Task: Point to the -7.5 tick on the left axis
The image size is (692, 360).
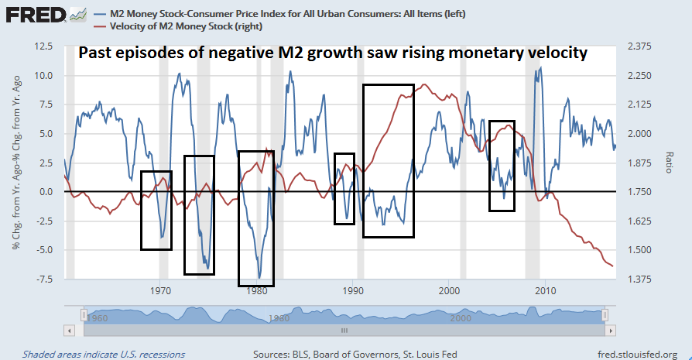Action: coord(42,279)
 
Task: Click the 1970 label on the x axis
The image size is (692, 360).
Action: coord(160,291)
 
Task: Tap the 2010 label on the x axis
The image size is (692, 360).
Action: coord(546,291)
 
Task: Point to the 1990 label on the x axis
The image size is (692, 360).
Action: coord(353,291)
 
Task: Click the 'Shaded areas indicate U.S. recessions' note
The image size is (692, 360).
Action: coord(104,355)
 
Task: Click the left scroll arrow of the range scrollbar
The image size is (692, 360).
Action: coord(69,329)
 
